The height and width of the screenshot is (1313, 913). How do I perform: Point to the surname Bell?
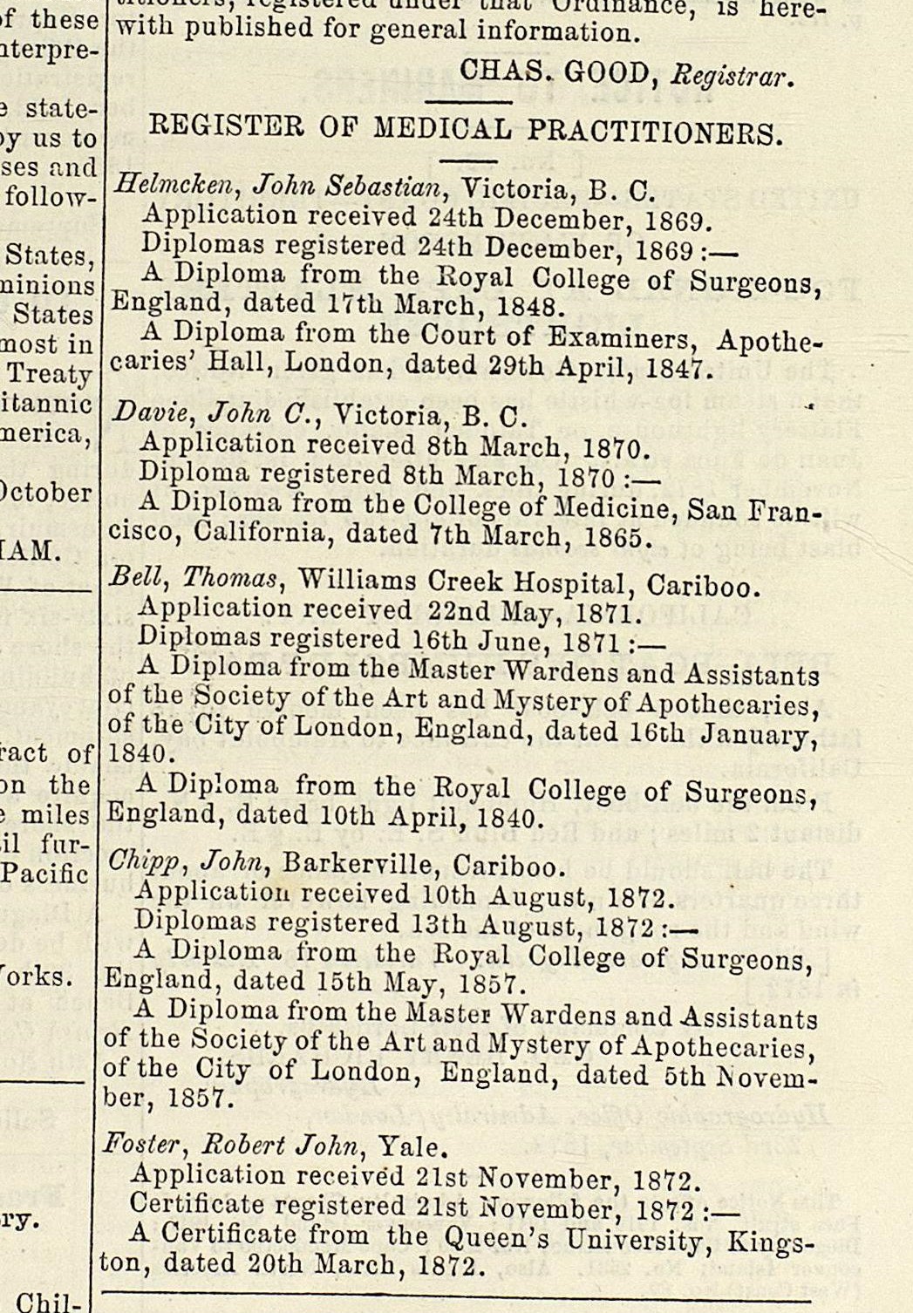pos(131,576)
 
